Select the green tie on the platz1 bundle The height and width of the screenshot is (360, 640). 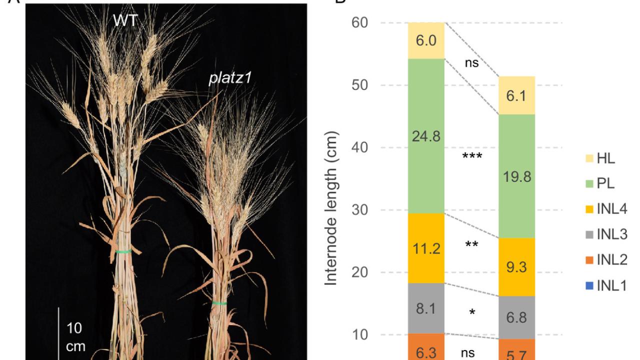[219, 302]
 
